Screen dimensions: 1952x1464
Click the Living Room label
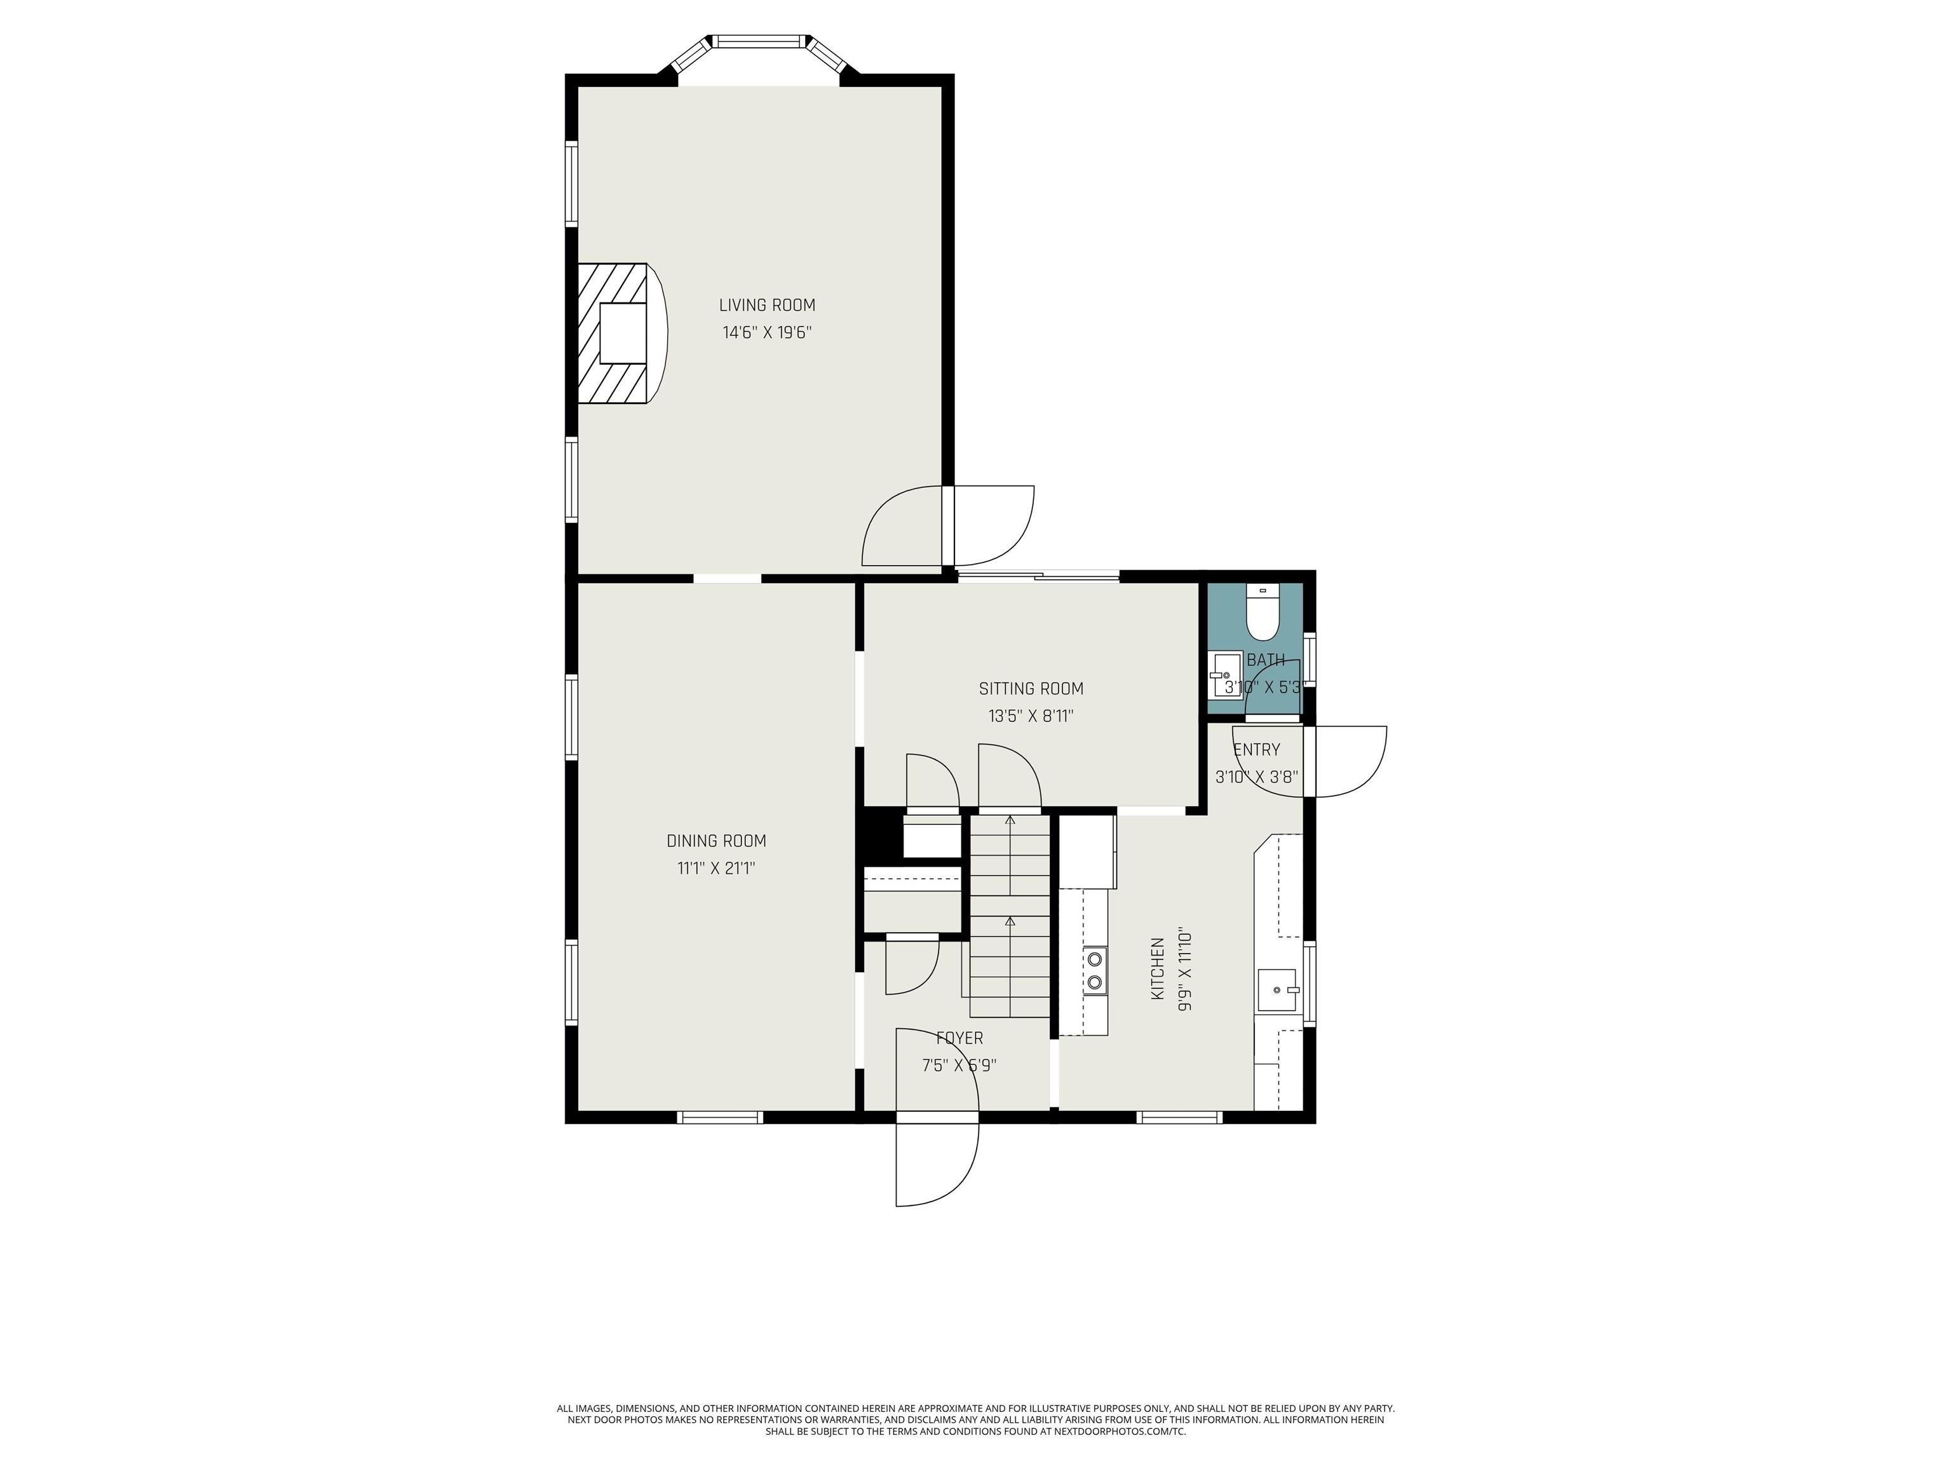click(767, 306)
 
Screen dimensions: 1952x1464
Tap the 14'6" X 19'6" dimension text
click(767, 333)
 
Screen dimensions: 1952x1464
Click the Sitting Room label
click(1031, 688)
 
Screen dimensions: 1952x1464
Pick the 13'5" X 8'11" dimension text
click(1031, 715)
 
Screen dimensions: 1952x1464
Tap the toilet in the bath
click(1263, 611)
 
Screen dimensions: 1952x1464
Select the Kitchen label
click(1157, 969)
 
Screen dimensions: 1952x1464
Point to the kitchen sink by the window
click(1278, 990)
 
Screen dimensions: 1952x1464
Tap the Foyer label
click(959, 1039)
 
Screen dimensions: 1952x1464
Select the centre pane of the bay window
click(760, 41)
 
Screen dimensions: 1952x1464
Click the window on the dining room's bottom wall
click(719, 1117)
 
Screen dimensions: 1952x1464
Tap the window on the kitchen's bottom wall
click(1180, 1117)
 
